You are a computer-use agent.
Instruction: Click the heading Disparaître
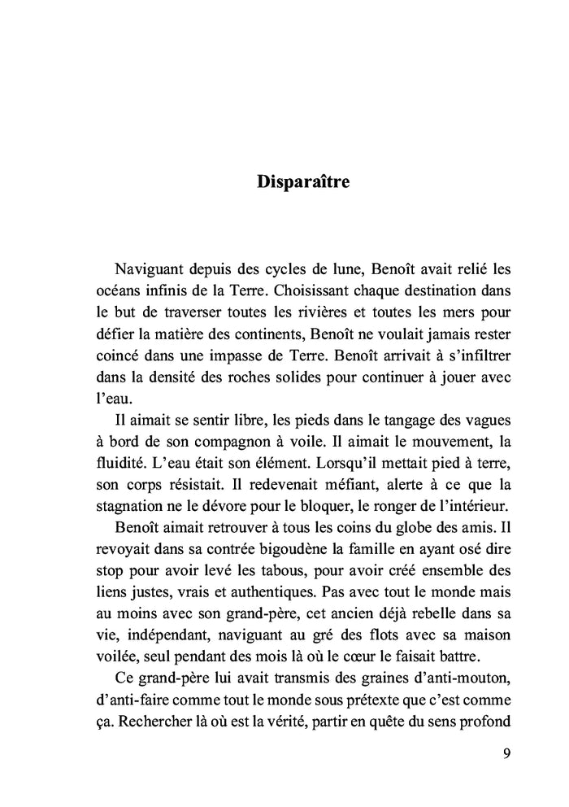click(303, 181)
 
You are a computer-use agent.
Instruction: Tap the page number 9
click(506, 752)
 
